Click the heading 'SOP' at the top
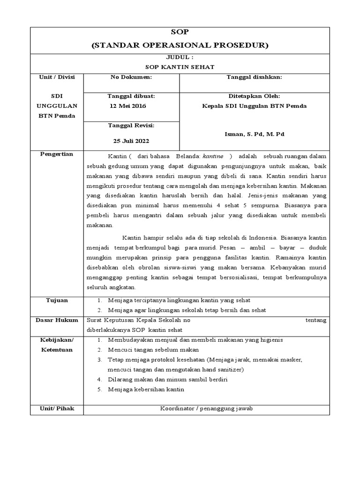[180, 32]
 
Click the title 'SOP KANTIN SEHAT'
[180, 67]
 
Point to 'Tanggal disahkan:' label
[254, 77]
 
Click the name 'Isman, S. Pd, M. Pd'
[254, 134]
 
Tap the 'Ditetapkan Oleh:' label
[254, 96]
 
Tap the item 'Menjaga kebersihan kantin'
[146, 390]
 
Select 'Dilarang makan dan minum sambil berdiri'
[167, 380]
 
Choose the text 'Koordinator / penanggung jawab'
[206, 409]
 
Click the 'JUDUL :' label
[180, 58]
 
